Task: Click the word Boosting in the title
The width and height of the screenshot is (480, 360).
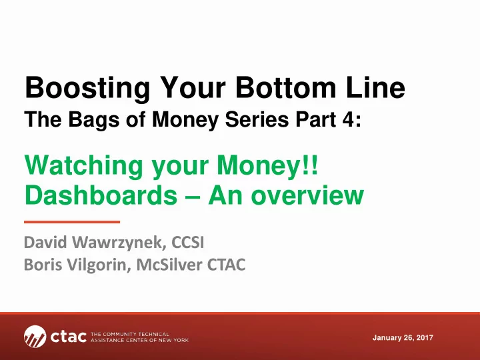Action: (x=87, y=89)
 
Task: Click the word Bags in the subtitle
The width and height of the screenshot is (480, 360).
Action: (x=94, y=120)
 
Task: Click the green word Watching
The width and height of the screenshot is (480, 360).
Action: (x=83, y=166)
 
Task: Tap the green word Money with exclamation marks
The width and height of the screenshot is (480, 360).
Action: (x=267, y=166)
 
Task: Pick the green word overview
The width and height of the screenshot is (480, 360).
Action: (x=307, y=195)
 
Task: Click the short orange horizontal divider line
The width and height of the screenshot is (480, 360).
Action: (x=72, y=222)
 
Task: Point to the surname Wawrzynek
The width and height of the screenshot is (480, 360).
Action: (x=119, y=243)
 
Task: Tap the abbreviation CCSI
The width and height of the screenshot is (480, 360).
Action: (x=187, y=242)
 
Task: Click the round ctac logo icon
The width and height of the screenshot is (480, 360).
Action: (x=35, y=337)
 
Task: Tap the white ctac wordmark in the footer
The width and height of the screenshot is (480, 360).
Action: (x=69, y=337)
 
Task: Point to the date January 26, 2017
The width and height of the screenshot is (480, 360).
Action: (x=403, y=337)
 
